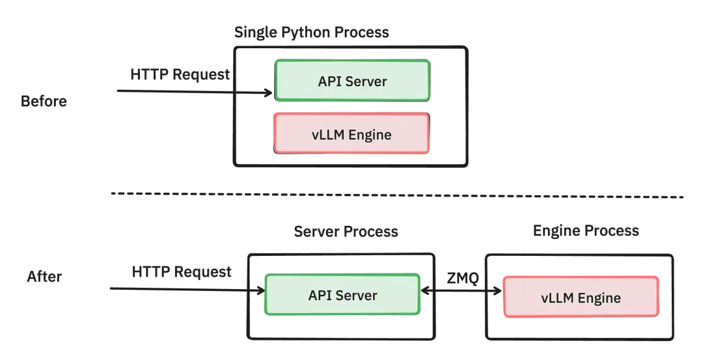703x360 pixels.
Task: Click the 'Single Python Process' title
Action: click(312, 33)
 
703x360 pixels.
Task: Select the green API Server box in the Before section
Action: click(352, 81)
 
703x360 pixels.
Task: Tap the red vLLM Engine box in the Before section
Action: click(351, 133)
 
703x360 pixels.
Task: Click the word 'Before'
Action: click(44, 102)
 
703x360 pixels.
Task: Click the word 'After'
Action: click(44, 276)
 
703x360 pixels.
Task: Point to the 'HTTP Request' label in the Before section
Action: click(180, 74)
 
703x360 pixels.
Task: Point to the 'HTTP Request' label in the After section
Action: click(182, 271)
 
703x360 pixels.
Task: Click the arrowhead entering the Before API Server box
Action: click(269, 93)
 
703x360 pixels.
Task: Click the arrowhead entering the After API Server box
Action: click(261, 290)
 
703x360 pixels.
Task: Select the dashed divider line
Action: click(397, 195)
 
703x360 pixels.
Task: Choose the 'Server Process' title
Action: click(346, 231)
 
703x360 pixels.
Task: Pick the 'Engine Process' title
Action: click(586, 230)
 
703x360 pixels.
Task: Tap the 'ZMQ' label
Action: click(463, 278)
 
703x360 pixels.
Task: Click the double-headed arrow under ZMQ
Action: click(462, 292)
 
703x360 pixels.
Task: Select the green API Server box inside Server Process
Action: click(342, 294)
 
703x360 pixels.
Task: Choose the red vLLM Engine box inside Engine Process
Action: click(581, 297)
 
